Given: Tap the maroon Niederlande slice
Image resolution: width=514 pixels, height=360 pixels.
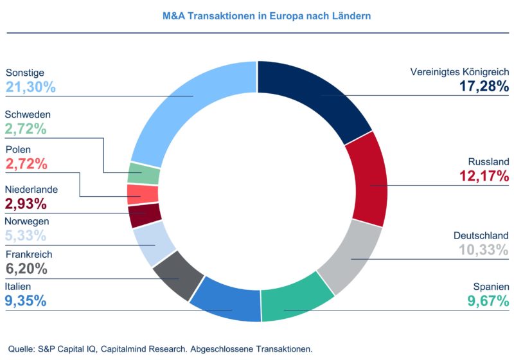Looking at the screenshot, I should pyautogui.click(x=144, y=215).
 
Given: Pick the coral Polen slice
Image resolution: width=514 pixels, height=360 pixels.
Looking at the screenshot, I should pyautogui.click(x=143, y=194).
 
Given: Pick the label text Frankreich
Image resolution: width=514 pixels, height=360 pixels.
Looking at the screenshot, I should pyautogui.click(x=29, y=255).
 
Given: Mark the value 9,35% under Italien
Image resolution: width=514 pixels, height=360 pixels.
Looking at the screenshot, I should pyautogui.click(x=26, y=300).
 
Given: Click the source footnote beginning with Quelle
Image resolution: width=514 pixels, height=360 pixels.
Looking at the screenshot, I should pyautogui.click(x=161, y=349).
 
